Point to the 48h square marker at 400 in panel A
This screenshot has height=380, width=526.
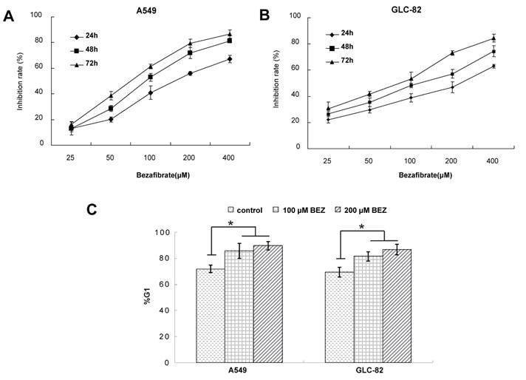[230, 41]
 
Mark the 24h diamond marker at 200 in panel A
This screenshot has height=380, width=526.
[190, 73]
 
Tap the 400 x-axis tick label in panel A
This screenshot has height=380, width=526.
[230, 157]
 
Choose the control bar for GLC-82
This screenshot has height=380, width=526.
[341, 317]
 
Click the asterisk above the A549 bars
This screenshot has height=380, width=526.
[231, 223]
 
